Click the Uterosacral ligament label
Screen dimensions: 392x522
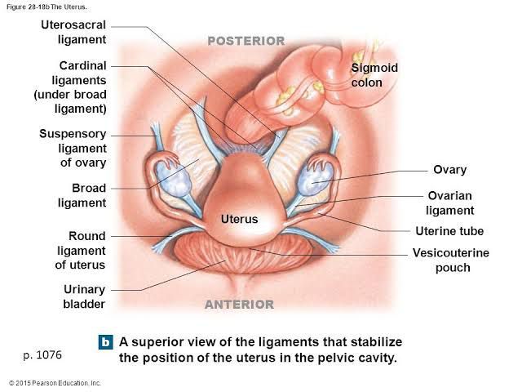[74, 32]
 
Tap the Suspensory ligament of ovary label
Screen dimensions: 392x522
[73, 148]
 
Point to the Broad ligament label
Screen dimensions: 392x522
[83, 195]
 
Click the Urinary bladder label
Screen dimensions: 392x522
[84, 296]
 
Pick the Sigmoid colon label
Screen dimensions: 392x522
[374, 75]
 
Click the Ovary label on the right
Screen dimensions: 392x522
[449, 170]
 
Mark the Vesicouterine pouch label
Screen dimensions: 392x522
[451, 260]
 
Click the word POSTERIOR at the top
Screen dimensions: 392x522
[246, 40]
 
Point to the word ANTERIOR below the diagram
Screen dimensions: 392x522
[239, 305]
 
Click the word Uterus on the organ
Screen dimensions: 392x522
[239, 219]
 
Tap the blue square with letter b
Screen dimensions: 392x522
[104, 342]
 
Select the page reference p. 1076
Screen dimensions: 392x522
[42, 355]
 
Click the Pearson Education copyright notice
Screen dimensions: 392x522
[55, 382]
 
